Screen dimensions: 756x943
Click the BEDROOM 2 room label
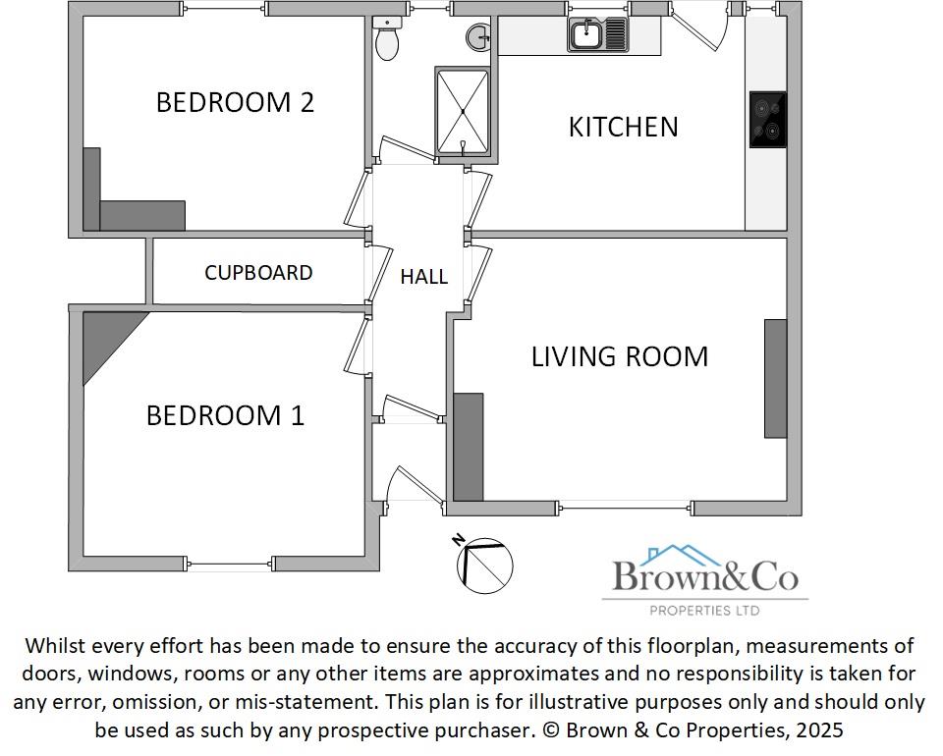pyautogui.click(x=235, y=102)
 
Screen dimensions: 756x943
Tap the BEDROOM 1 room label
pyautogui.click(x=225, y=415)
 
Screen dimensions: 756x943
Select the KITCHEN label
pyautogui.click(x=623, y=127)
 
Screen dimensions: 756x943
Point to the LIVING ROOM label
pyautogui.click(x=619, y=355)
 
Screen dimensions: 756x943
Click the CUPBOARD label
pyautogui.click(x=258, y=273)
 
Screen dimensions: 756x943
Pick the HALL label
pyautogui.click(x=423, y=277)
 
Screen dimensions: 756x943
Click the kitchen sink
pyautogui.click(x=596, y=35)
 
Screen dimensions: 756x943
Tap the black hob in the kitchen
pyautogui.click(x=767, y=120)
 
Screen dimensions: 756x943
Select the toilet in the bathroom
pyautogui.click(x=387, y=39)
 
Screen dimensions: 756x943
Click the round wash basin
pyautogui.click(x=479, y=37)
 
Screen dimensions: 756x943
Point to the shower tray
pyautogui.click(x=462, y=112)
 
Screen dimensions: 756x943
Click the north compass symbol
pyautogui.click(x=484, y=566)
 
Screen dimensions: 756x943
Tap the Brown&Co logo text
pyautogui.click(x=705, y=575)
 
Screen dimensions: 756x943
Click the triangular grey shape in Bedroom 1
pyautogui.click(x=106, y=339)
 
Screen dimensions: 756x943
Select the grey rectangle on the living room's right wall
pyautogui.click(x=775, y=378)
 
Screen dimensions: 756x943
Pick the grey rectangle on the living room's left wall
pyautogui.click(x=469, y=447)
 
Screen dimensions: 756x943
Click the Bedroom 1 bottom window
pyautogui.click(x=229, y=564)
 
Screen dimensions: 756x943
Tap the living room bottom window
pyautogui.click(x=626, y=508)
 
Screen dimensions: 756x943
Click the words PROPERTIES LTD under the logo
pyautogui.click(x=704, y=611)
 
